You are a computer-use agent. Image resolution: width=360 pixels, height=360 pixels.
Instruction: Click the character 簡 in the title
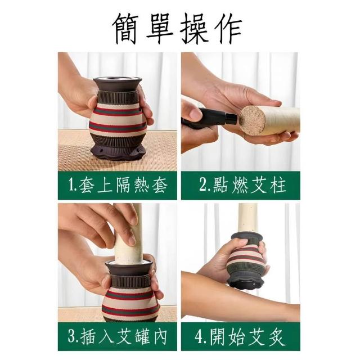126,29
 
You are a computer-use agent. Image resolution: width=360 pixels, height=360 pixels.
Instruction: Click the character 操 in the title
195,29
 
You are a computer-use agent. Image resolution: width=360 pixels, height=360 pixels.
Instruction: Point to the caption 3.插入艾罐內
117,336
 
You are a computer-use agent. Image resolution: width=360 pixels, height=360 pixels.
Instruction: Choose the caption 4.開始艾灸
240,336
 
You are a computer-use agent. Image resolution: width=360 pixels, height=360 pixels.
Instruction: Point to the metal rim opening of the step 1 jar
118,79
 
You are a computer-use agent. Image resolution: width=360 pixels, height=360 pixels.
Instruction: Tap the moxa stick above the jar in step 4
247,218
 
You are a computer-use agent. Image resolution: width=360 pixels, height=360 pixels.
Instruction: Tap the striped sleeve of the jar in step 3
131,301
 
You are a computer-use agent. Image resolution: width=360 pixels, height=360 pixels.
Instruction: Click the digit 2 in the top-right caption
203,185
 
